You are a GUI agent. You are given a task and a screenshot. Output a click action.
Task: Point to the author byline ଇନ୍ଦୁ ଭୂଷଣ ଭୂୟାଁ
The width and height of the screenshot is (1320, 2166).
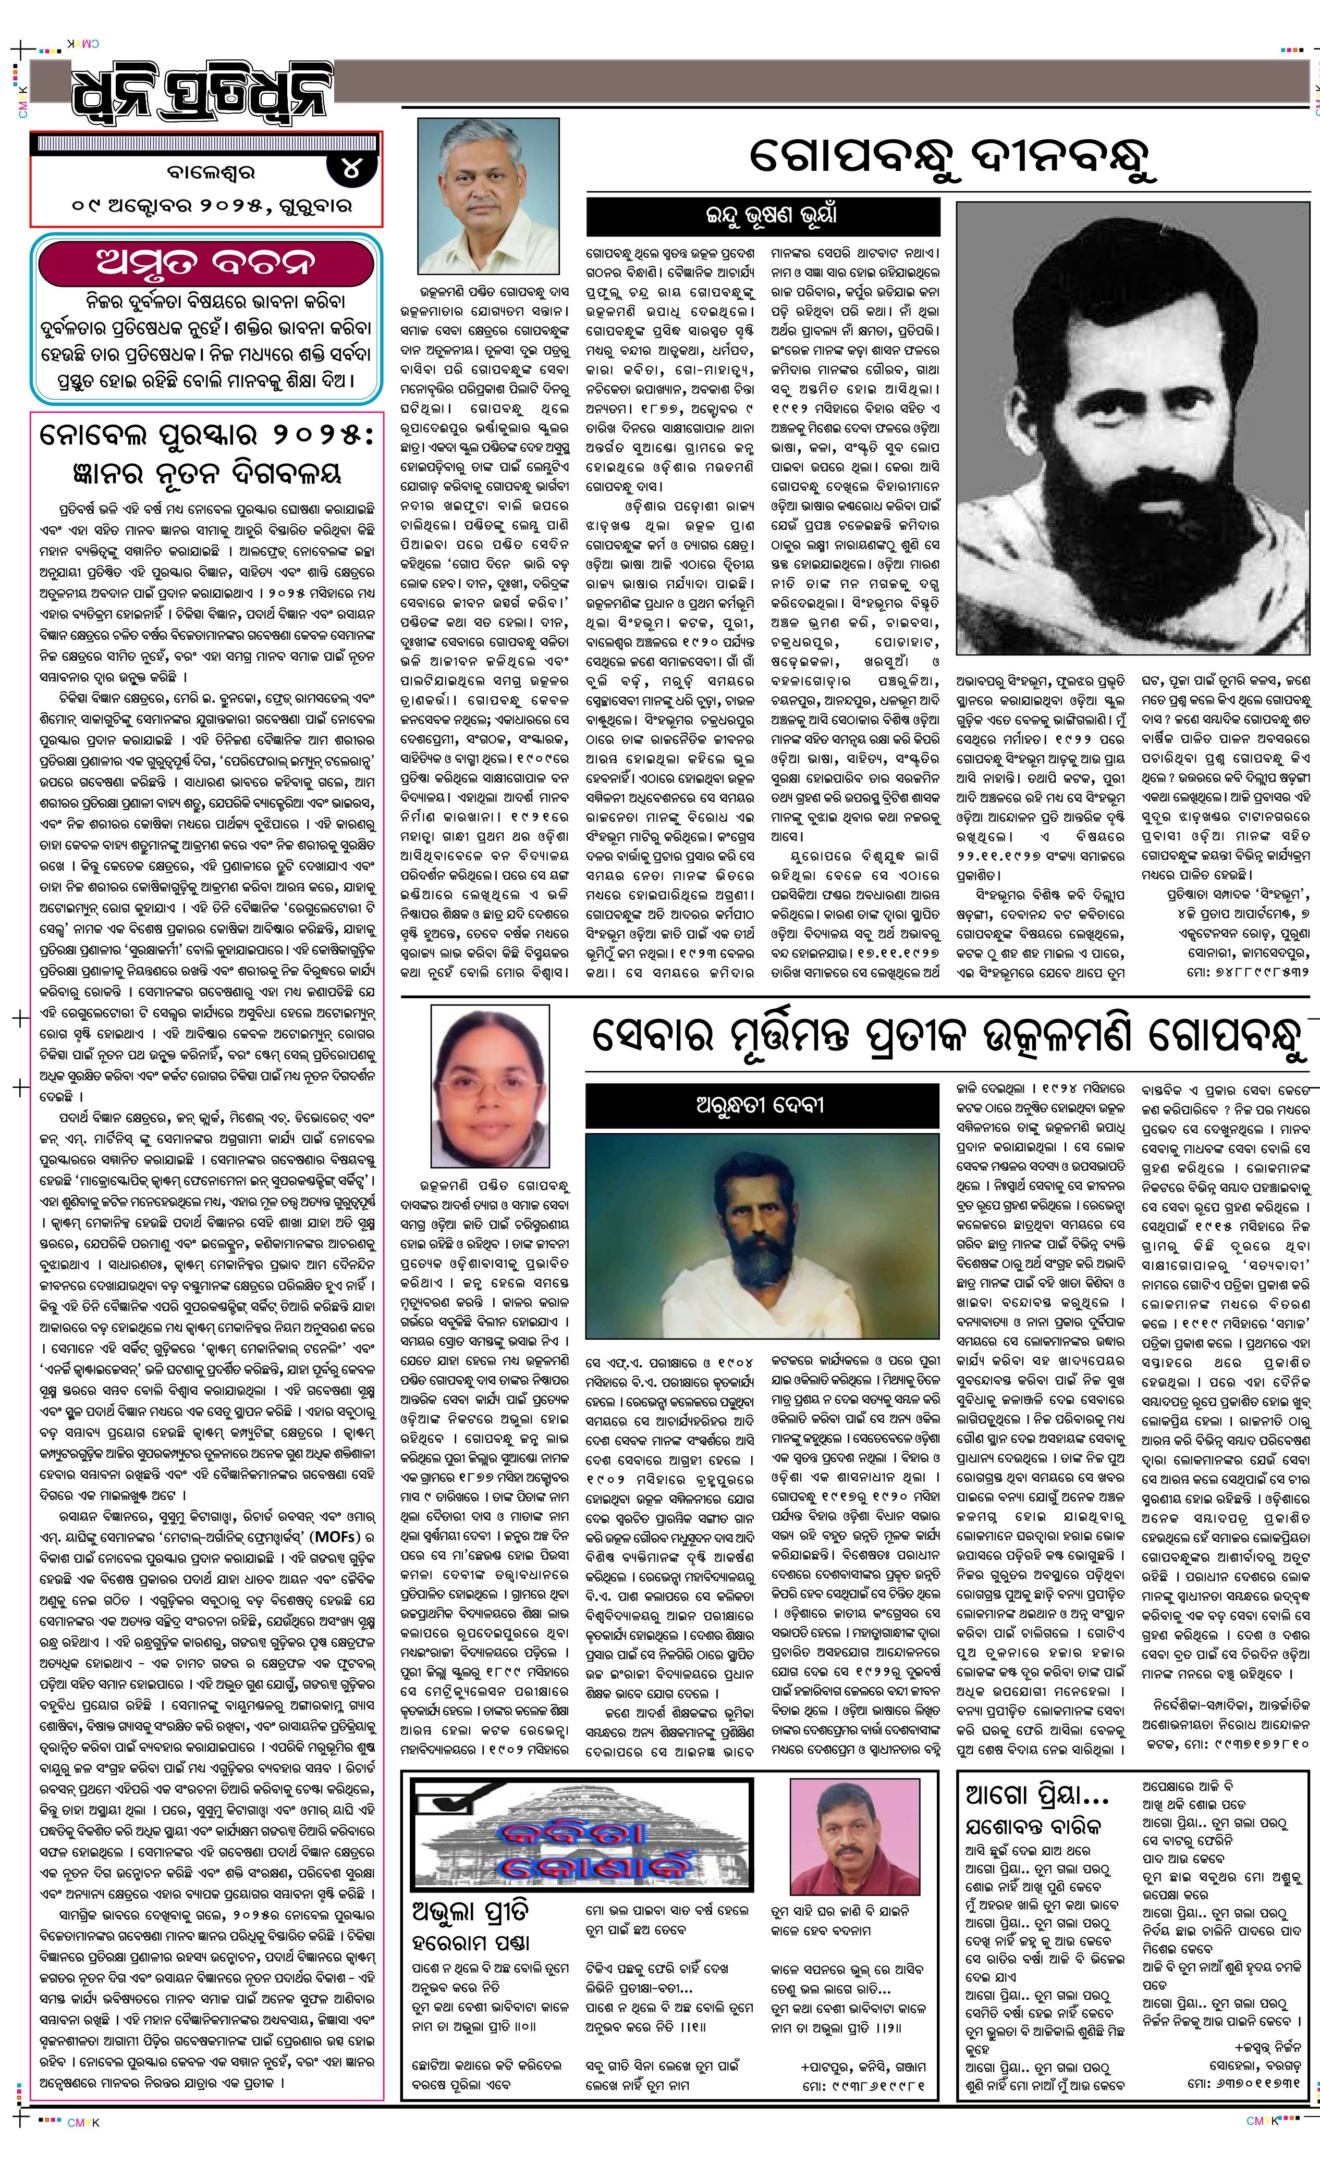pos(763,215)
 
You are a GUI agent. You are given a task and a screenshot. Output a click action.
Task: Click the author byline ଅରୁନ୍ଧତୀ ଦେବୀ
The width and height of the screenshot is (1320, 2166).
pos(760,1104)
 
